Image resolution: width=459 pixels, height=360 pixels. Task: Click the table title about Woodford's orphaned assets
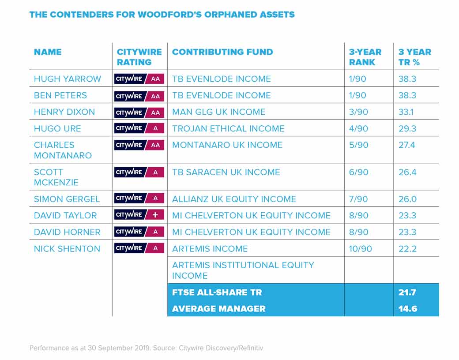click(162, 15)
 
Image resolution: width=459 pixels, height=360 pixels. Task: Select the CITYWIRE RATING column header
click(139, 57)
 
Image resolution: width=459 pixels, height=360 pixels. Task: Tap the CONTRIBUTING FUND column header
click(222, 52)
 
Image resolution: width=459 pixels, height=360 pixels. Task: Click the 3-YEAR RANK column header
click(365, 57)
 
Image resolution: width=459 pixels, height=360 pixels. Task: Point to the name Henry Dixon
click(64, 112)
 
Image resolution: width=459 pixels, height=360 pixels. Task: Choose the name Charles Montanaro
click(63, 150)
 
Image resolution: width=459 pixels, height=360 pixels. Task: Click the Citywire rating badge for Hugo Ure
click(139, 128)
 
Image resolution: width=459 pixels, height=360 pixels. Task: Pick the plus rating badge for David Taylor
click(139, 215)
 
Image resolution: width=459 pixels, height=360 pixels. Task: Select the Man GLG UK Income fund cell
click(218, 112)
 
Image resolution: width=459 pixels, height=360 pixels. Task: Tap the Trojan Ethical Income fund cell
click(228, 128)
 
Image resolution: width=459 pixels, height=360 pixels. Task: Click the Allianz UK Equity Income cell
click(234, 199)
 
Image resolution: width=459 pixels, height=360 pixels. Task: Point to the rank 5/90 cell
click(358, 145)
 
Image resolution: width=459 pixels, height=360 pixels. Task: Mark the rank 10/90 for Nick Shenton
click(360, 249)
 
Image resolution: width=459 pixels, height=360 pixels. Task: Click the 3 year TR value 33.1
click(406, 112)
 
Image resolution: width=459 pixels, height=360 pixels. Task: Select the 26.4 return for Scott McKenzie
click(407, 172)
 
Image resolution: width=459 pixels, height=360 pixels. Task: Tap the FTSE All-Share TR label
click(217, 292)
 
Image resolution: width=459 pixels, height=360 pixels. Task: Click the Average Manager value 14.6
click(408, 309)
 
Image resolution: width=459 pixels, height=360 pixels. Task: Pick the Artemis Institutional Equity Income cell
click(243, 270)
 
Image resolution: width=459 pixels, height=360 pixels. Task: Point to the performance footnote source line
click(147, 348)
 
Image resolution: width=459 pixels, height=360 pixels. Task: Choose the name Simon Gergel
click(67, 199)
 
